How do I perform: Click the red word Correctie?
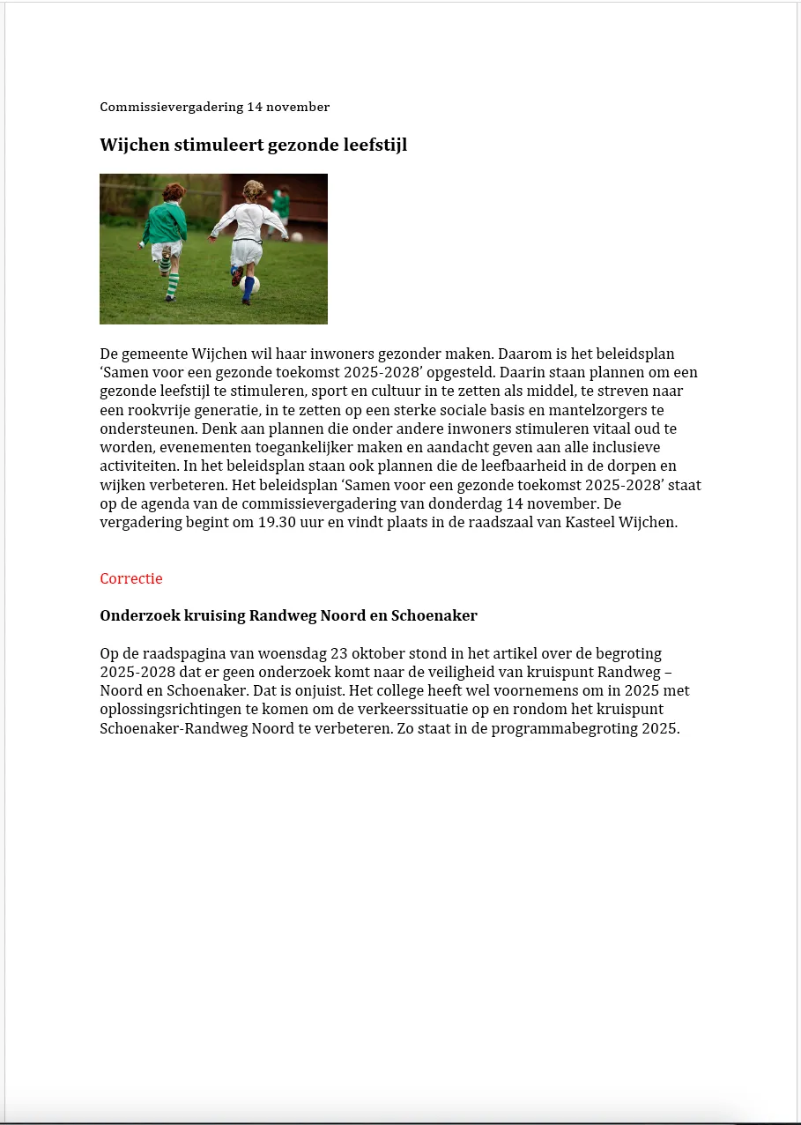[x=131, y=579]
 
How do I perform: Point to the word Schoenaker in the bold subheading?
[x=439, y=616]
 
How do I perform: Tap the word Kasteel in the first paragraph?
[x=592, y=522]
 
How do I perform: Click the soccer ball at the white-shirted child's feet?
[x=249, y=284]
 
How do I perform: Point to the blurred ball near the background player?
[x=297, y=236]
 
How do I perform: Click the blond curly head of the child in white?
[x=254, y=190]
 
